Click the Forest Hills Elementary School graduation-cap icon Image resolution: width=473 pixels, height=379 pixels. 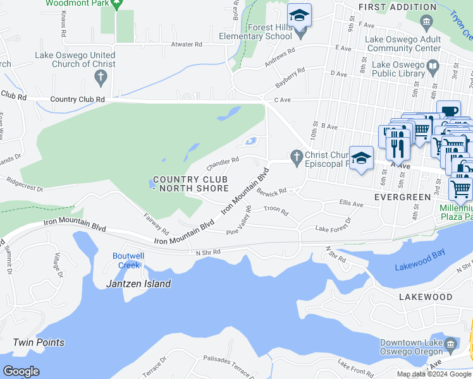299,15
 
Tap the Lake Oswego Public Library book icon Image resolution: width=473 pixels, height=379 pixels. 433,66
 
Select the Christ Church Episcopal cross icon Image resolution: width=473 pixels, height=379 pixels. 295,155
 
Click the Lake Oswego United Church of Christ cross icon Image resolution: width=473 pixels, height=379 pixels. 100,78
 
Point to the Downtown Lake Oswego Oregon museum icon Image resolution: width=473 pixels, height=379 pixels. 450,344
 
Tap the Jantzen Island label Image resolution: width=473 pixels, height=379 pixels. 138,284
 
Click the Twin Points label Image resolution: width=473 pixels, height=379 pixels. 39,342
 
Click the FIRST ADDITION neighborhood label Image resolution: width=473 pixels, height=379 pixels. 397,7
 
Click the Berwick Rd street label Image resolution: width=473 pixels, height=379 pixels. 272,191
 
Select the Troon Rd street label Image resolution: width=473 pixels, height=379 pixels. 276,208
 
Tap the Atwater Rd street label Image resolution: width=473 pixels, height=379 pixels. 187,45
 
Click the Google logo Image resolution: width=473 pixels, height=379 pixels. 21,371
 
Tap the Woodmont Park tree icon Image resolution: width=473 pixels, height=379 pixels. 116,4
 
